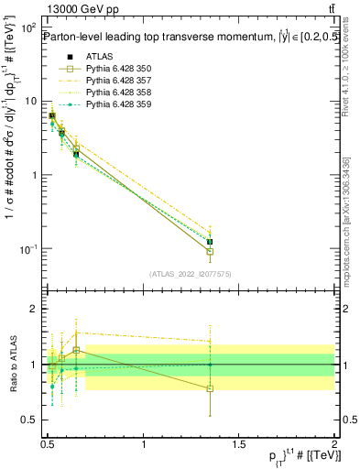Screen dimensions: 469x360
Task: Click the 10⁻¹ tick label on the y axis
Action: [27, 250]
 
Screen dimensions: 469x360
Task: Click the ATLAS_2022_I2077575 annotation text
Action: [191, 273]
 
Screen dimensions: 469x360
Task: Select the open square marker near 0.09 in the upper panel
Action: [210, 251]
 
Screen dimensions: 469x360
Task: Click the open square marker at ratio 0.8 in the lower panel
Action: [210, 388]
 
